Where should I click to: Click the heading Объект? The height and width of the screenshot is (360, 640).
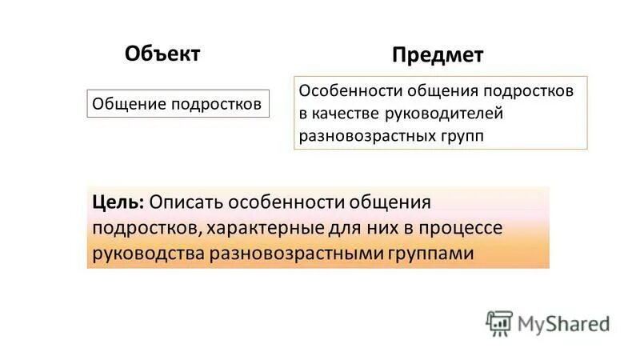click(x=162, y=53)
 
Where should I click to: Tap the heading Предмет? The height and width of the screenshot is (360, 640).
click(x=438, y=55)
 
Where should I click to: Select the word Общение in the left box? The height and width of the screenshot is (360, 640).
click(x=123, y=104)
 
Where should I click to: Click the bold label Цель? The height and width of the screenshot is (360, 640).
click(x=118, y=202)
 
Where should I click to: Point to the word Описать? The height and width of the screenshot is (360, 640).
click(x=183, y=202)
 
